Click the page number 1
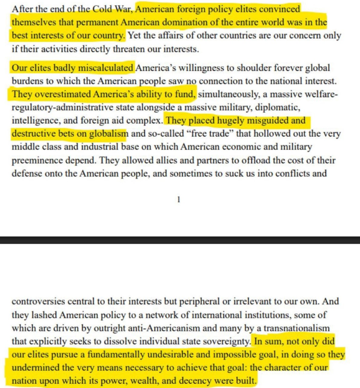coord(178,199)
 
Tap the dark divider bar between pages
coord(180,240)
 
